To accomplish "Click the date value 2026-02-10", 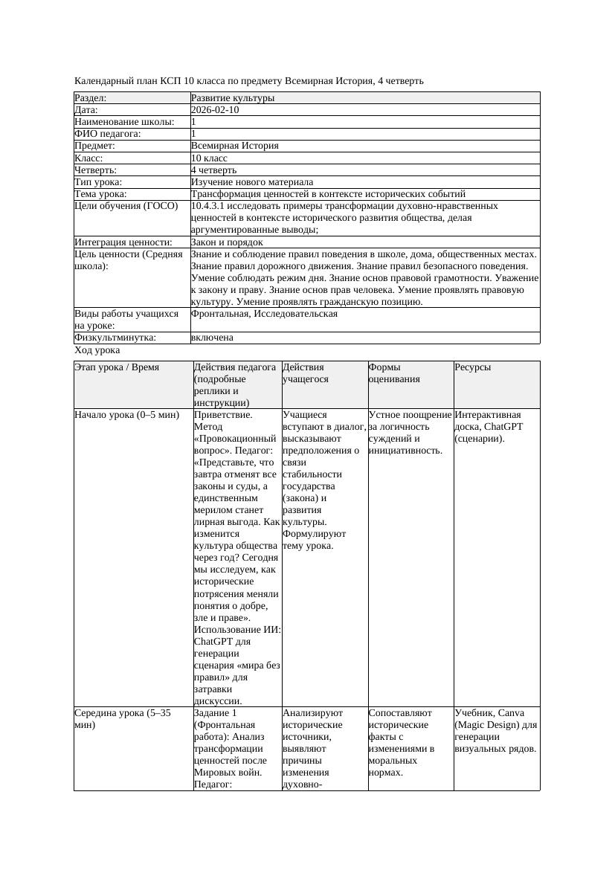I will click(x=215, y=110).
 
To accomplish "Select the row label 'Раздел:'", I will click(x=91, y=98).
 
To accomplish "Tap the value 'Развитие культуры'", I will click(x=233, y=98).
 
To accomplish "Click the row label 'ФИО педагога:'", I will click(x=108, y=134).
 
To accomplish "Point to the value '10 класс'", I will click(x=209, y=158).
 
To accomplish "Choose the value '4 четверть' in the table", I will click(x=213, y=170).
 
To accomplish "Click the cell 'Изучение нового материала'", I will click(x=252, y=181).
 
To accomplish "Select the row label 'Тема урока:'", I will click(x=101, y=193).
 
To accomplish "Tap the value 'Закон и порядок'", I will click(x=227, y=242).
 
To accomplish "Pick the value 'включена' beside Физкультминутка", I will click(x=212, y=338).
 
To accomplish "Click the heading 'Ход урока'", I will click(x=97, y=350).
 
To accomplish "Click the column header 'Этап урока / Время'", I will click(x=117, y=367).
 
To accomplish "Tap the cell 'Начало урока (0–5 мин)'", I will click(x=126, y=415).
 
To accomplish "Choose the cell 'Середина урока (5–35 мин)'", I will click(x=123, y=718).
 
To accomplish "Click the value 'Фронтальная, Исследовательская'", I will click(x=264, y=314).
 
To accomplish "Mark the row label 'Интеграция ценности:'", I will click(x=123, y=242).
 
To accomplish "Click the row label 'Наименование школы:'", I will click(x=125, y=122).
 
